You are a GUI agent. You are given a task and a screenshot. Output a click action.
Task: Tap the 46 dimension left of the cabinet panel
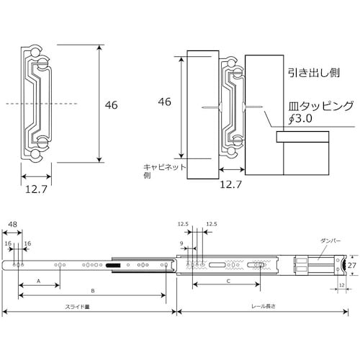point(165,102)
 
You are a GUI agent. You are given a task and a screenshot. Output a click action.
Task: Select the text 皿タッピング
point(315,107)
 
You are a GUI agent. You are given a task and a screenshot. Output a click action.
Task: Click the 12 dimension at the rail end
point(341,287)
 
